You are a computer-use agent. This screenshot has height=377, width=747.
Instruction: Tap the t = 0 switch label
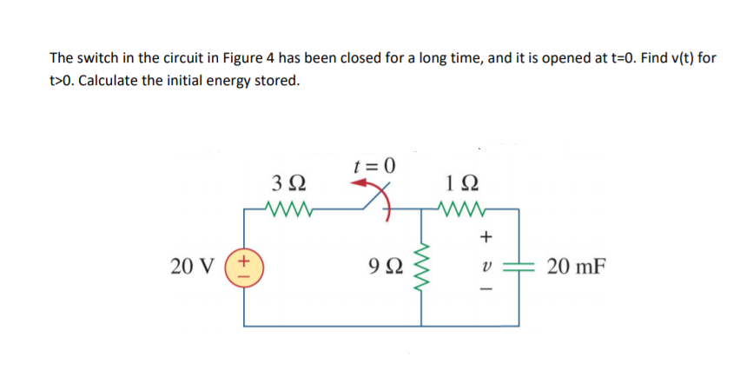374,163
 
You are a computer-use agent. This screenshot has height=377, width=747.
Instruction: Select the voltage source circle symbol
244,264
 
